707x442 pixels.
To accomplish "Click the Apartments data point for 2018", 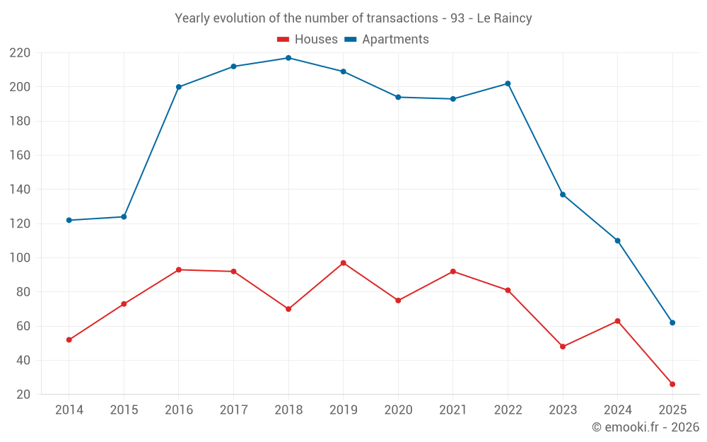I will point(288,58).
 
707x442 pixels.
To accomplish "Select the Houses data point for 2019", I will point(344,263).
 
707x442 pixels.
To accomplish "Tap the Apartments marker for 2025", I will point(672,322).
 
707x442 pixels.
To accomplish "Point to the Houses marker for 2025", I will point(672,384).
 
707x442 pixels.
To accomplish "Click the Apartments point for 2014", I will point(69,220).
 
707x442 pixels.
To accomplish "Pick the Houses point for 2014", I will point(69,339).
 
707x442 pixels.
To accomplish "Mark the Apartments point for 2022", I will point(508,83).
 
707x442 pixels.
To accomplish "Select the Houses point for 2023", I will point(563,347).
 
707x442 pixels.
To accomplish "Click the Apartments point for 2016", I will point(179,87).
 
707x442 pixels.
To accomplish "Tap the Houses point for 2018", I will point(288,309).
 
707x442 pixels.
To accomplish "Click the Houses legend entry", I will point(307,40).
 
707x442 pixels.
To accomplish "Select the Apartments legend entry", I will point(387,40).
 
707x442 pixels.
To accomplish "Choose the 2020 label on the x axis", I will point(398,410).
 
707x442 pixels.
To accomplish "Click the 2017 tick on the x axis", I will point(233,410).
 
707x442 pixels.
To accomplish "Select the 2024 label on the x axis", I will point(617,410).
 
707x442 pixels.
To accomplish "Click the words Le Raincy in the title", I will point(504,18).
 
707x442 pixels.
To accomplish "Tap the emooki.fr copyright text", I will point(645,427).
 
